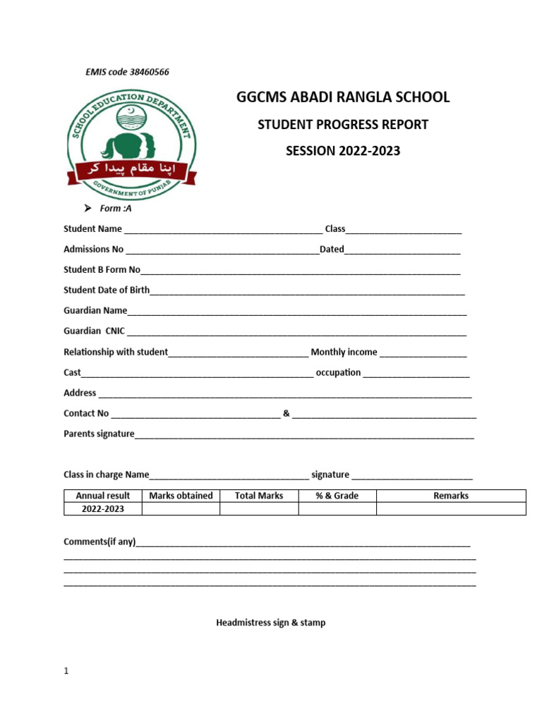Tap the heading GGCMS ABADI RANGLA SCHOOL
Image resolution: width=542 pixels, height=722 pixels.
coord(342,97)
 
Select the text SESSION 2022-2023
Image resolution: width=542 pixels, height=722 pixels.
coord(342,151)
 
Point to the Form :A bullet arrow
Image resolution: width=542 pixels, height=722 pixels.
coord(88,209)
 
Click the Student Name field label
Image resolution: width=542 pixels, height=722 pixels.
coord(92,229)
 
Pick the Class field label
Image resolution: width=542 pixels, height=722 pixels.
coord(335,229)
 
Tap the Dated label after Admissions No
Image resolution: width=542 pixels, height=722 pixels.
coord(332,250)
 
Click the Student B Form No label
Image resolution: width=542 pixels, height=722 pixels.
coord(102,270)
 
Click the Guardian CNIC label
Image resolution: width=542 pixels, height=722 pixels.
coord(94,331)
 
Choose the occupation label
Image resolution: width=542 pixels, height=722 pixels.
coord(338,372)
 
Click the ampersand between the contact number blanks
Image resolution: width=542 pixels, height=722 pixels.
coord(286,413)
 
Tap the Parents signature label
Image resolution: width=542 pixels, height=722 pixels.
coord(99,434)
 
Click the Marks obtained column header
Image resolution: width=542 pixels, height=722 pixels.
coord(181,496)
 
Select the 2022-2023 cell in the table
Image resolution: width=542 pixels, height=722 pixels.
coord(103,509)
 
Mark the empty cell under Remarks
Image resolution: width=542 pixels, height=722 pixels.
coord(450,509)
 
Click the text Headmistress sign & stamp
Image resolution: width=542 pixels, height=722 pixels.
coord(271,623)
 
